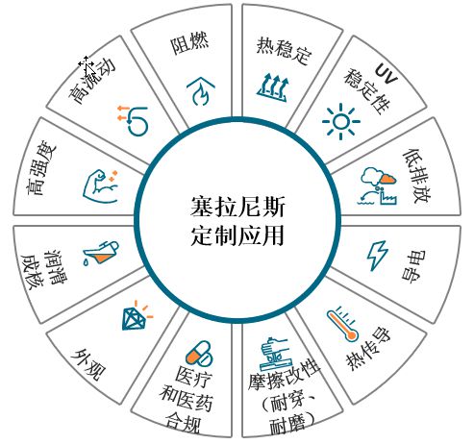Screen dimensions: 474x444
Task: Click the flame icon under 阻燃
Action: (x=201, y=91)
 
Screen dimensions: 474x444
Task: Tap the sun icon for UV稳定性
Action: (x=341, y=121)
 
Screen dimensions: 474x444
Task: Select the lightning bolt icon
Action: (x=377, y=256)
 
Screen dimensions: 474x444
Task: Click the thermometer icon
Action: (x=342, y=324)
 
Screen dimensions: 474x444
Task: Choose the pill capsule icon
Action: (x=199, y=353)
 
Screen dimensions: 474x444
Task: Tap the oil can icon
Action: (x=101, y=253)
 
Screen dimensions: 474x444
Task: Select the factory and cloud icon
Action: (x=378, y=186)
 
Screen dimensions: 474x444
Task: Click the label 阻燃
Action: (x=189, y=43)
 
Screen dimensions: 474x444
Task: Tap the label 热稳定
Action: (x=285, y=51)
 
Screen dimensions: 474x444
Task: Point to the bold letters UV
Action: (x=387, y=73)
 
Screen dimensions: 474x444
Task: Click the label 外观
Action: (x=87, y=364)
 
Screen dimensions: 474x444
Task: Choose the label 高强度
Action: (x=41, y=168)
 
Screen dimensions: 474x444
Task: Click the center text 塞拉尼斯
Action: (x=237, y=207)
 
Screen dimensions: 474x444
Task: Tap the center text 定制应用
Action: (x=237, y=235)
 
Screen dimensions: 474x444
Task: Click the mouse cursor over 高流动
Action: (x=87, y=64)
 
